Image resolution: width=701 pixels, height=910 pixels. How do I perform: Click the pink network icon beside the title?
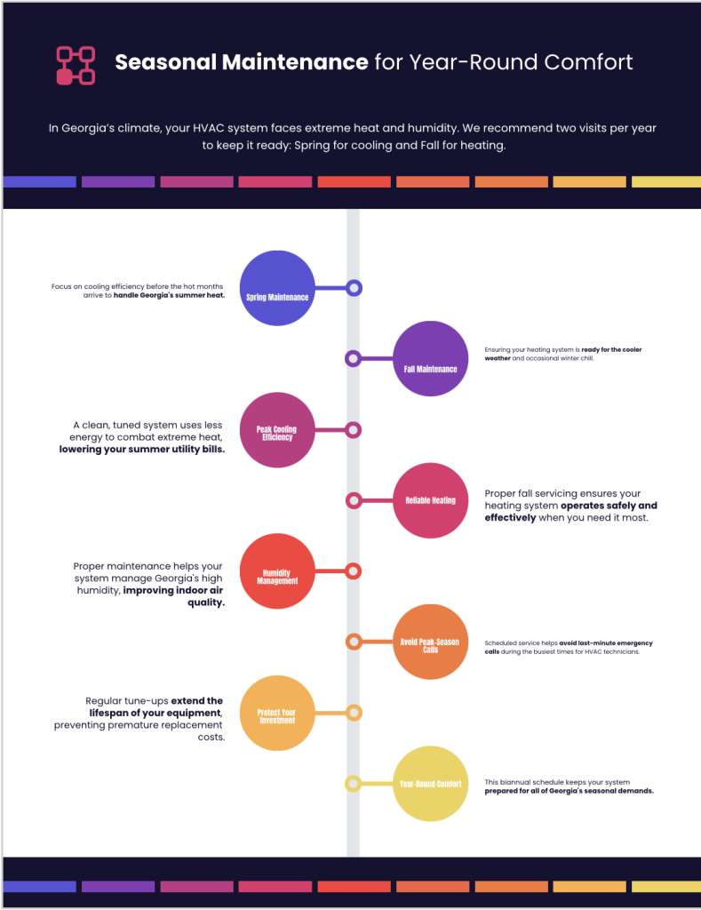pyautogui.click(x=76, y=65)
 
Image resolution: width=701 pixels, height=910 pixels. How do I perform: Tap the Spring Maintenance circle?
pyautogui.click(x=277, y=289)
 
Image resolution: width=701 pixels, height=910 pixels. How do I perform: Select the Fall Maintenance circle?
pyautogui.click(x=430, y=359)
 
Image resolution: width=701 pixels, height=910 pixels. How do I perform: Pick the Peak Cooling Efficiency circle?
pyautogui.click(x=277, y=430)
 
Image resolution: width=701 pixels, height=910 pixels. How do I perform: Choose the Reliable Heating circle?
pyautogui.click(x=430, y=500)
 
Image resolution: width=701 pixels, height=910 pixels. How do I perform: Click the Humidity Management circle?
pyautogui.click(x=277, y=571)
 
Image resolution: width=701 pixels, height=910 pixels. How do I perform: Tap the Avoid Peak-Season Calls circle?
pyautogui.click(x=430, y=642)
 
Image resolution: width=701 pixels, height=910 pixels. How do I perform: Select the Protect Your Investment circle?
pyautogui.click(x=277, y=713)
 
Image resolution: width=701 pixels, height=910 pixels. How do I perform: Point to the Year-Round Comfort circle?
pyautogui.click(x=430, y=784)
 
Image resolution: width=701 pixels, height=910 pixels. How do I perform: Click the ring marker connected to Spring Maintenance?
pyautogui.click(x=354, y=288)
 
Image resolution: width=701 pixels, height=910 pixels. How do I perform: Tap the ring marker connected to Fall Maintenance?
pyautogui.click(x=353, y=359)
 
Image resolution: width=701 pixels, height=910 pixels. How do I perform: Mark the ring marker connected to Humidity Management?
pyautogui.click(x=354, y=571)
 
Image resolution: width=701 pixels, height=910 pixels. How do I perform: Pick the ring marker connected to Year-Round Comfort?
pyautogui.click(x=353, y=784)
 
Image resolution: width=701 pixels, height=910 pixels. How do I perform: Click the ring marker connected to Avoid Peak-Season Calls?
pyautogui.click(x=353, y=642)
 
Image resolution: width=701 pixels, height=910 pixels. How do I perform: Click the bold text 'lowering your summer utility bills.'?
pyautogui.click(x=142, y=450)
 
